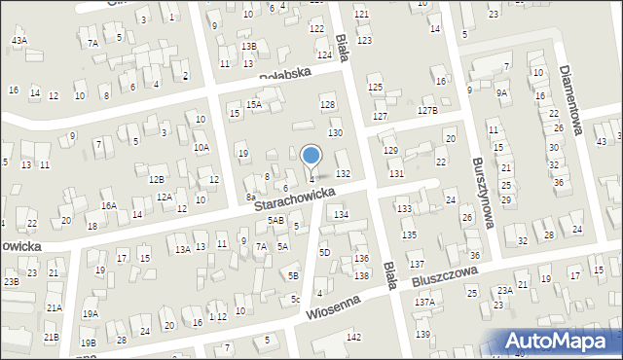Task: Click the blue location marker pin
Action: [311, 157]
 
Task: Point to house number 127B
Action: [428, 111]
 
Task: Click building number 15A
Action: [254, 104]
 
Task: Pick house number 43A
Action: [18, 40]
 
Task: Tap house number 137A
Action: [424, 303]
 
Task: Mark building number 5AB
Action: [276, 221]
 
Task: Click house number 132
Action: [343, 173]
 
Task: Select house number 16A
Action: [109, 205]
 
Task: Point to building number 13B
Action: [249, 46]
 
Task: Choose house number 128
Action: [327, 104]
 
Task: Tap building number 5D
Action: [325, 253]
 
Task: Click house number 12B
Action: [156, 180]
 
